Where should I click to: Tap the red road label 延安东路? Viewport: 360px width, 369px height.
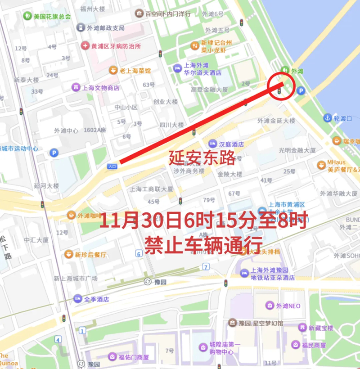(x=202, y=157)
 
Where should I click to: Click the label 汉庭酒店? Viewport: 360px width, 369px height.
(x=231, y=144)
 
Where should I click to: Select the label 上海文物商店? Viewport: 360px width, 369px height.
(x=100, y=87)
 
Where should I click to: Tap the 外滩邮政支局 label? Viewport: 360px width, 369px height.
(x=105, y=28)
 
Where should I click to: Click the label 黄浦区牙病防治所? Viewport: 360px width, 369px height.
(x=116, y=46)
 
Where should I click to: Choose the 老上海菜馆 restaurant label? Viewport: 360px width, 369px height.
(x=135, y=71)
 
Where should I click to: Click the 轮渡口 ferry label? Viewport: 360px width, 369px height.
(x=343, y=118)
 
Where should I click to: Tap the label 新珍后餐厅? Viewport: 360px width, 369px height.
(x=91, y=255)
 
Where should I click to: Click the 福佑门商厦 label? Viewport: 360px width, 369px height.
(x=134, y=357)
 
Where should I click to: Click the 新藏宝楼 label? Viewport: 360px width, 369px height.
(x=321, y=328)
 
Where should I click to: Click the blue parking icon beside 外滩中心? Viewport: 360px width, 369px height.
(x=54, y=153)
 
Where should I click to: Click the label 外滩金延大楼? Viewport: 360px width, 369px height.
(x=276, y=121)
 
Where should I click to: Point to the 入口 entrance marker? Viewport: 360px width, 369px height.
(x=112, y=166)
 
